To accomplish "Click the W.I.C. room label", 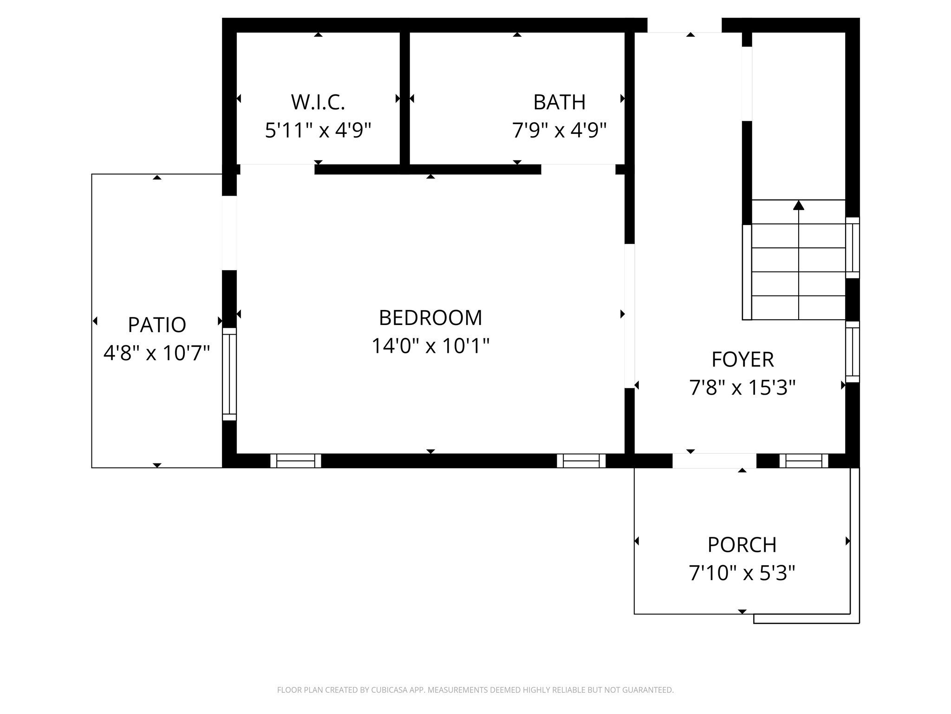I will pyautogui.click(x=318, y=102).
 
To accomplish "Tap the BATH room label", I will pyautogui.click(x=559, y=102).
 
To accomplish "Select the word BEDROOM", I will pyautogui.click(x=430, y=318).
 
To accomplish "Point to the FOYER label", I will pyautogui.click(x=743, y=359).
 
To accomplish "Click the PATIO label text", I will pyautogui.click(x=157, y=325).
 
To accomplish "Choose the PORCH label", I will pyautogui.click(x=742, y=545).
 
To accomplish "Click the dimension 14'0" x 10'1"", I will pyautogui.click(x=430, y=346).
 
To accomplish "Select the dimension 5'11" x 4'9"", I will pyautogui.click(x=318, y=130).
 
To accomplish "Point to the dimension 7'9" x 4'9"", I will pyautogui.click(x=559, y=130).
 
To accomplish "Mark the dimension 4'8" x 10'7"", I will pyautogui.click(x=157, y=353).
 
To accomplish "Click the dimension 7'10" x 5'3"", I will pyautogui.click(x=742, y=573).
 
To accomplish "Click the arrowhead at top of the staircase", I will pyautogui.click(x=798, y=205).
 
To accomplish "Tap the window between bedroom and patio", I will pyautogui.click(x=229, y=374).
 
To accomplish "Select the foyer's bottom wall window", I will pyautogui.click(x=804, y=461).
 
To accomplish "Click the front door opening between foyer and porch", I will pyautogui.click(x=714, y=461).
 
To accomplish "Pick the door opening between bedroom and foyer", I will pyautogui.click(x=629, y=316).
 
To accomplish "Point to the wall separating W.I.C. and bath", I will pyautogui.click(x=404, y=98).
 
